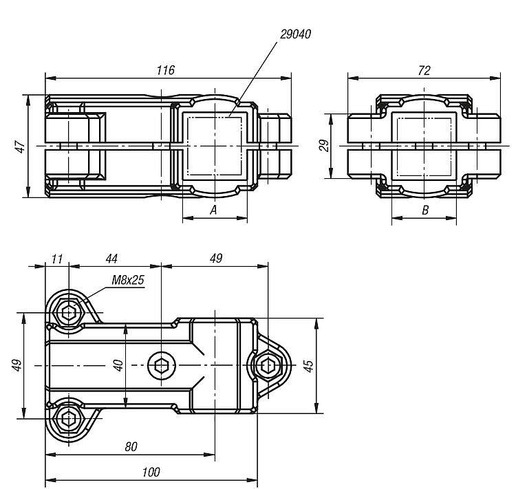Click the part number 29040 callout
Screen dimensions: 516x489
[295, 34]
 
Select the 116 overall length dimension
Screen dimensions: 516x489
[166, 70]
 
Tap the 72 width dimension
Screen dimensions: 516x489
[424, 70]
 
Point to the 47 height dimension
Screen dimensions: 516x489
[21, 146]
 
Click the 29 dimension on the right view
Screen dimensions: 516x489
[324, 145]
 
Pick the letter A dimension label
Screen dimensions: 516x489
[213, 210]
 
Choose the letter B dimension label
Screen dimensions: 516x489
[425, 210]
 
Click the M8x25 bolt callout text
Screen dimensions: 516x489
[128, 280]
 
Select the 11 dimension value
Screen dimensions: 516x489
[57, 259]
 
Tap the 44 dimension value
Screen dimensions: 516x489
[111, 259]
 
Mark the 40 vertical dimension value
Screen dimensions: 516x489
[118, 365]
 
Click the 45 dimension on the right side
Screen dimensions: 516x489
[308, 366]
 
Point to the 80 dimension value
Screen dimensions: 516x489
[131, 446]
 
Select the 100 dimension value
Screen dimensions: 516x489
[151, 472]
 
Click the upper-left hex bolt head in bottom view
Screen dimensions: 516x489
[68, 312]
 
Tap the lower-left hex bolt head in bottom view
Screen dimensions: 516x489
[68, 419]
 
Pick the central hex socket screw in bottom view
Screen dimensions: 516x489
[161, 366]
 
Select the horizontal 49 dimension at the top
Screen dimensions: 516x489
[216, 259]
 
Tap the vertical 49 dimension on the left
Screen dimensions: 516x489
[17, 365]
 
